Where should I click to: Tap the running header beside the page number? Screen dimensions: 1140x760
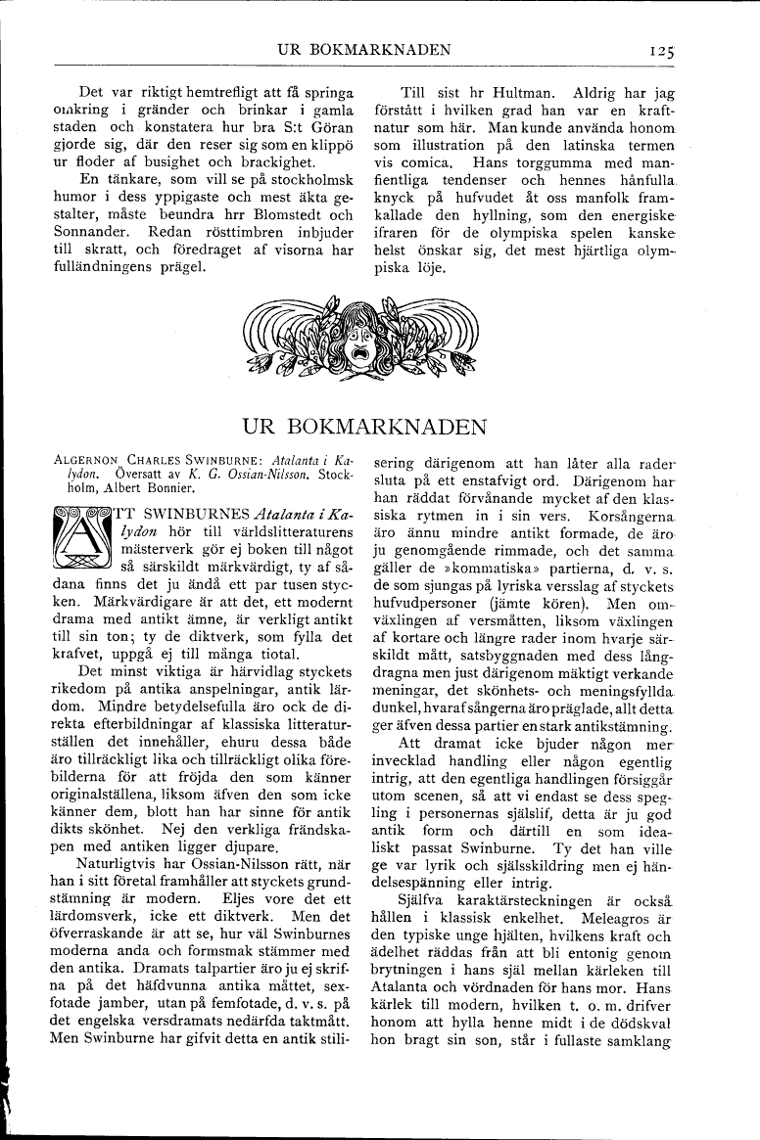pyautogui.click(x=363, y=50)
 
